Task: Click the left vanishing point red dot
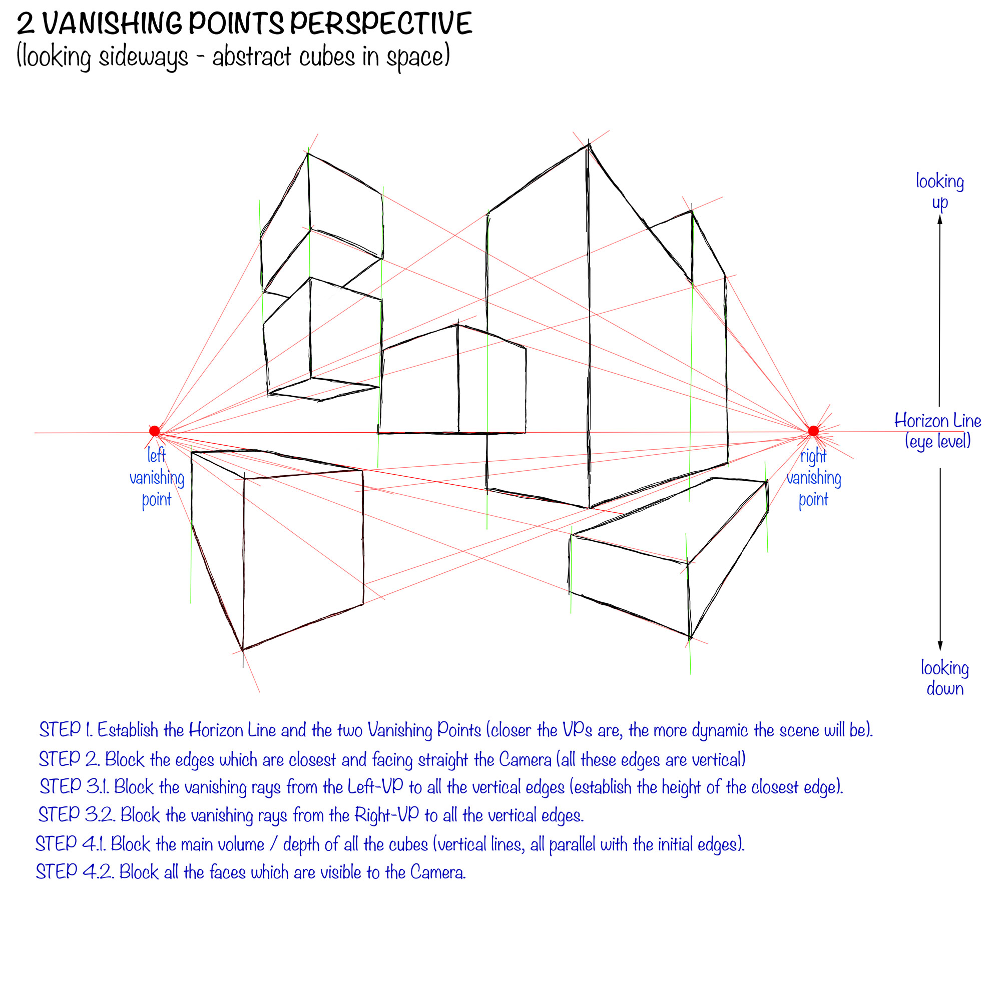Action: [x=154, y=431]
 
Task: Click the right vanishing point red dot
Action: [x=813, y=431]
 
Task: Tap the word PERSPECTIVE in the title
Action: [x=381, y=24]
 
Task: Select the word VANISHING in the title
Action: [x=112, y=24]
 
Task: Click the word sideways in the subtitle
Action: [x=143, y=57]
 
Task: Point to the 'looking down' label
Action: [x=945, y=678]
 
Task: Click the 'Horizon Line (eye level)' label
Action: [x=937, y=431]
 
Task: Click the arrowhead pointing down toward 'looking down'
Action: [x=940, y=646]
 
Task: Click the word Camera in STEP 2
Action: [x=525, y=759]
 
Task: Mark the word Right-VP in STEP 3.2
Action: [x=386, y=814]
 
